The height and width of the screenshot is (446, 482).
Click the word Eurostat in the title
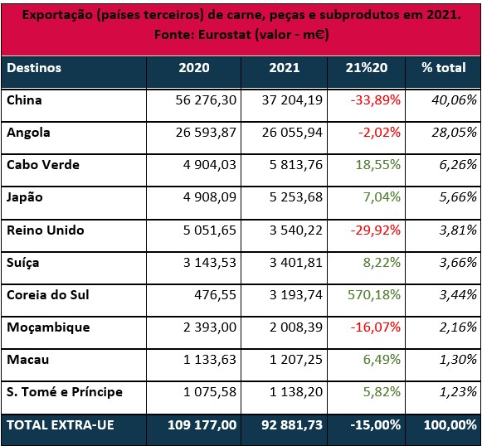click(225, 34)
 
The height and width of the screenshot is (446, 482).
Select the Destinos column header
click(34, 68)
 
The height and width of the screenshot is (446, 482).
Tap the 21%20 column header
click(367, 68)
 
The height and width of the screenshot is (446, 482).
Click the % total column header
click(444, 68)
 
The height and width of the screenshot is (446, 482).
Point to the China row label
click(24, 100)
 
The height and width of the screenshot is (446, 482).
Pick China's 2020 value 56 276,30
click(206, 100)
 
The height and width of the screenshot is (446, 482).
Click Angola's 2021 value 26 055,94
click(292, 133)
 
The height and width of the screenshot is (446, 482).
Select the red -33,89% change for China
click(376, 100)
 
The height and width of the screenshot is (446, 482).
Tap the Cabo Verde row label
click(43, 165)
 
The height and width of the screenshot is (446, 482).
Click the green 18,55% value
click(378, 165)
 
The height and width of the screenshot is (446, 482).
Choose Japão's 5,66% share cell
click(458, 197)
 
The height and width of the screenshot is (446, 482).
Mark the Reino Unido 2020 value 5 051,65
click(210, 230)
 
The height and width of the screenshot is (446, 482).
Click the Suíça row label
click(23, 264)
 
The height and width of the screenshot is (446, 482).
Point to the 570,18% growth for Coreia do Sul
click(374, 295)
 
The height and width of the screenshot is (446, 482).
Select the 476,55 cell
click(215, 295)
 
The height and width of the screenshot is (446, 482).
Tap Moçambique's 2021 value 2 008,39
click(296, 327)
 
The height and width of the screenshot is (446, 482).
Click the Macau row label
click(27, 360)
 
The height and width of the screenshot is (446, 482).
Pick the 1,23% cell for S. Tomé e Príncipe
click(458, 392)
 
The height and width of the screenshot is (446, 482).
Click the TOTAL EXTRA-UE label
click(61, 425)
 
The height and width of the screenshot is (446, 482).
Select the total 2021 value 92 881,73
click(292, 425)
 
